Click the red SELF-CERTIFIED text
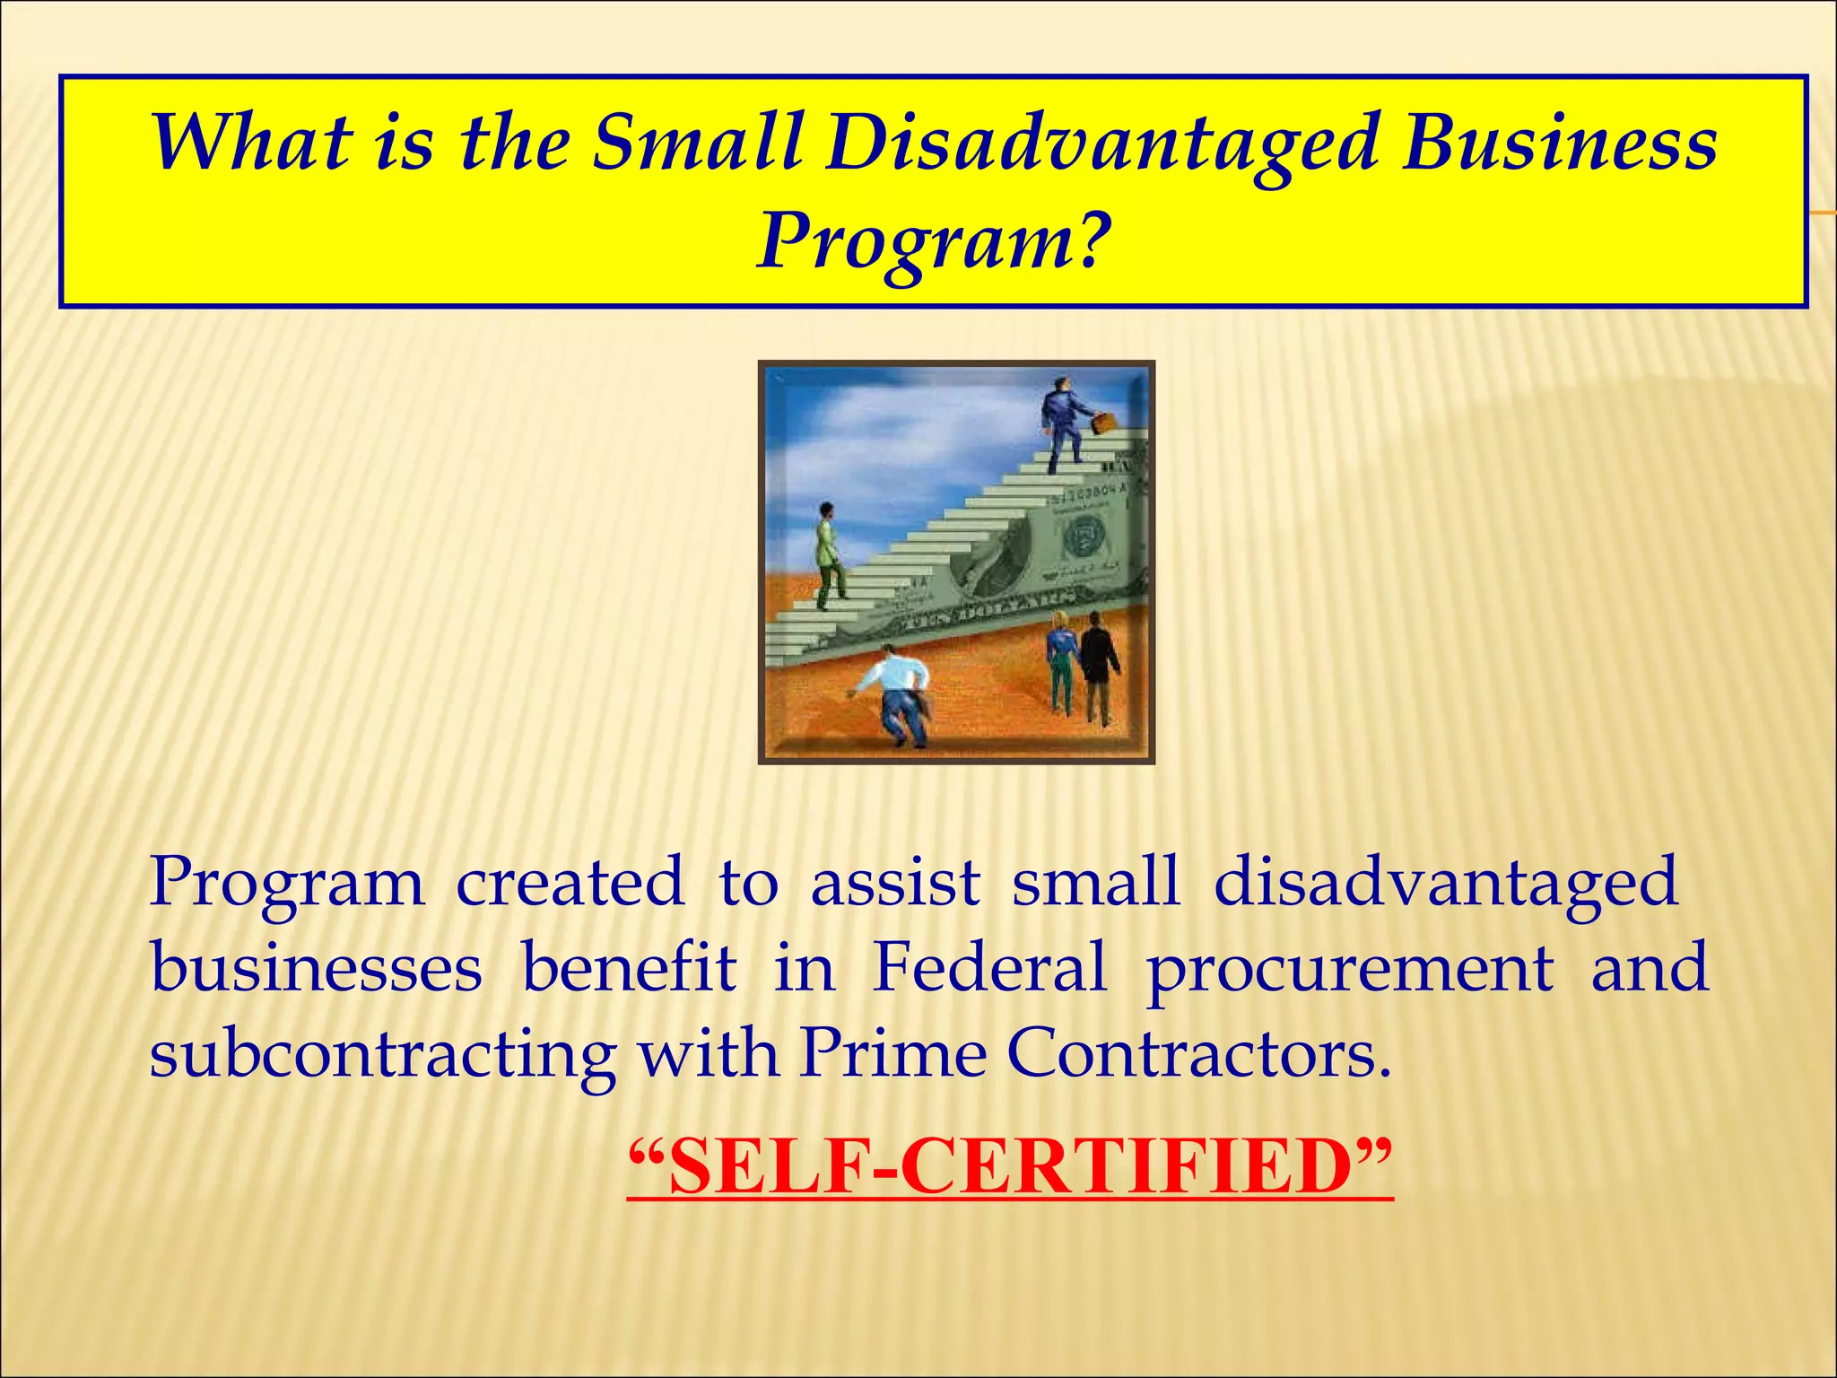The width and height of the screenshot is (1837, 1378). [1010, 1166]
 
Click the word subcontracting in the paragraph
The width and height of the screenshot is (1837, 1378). [382, 1054]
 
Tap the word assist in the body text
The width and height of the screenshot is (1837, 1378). [894, 882]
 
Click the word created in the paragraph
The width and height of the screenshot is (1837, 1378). [570, 882]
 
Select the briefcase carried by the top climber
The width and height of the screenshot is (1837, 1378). [1104, 421]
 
